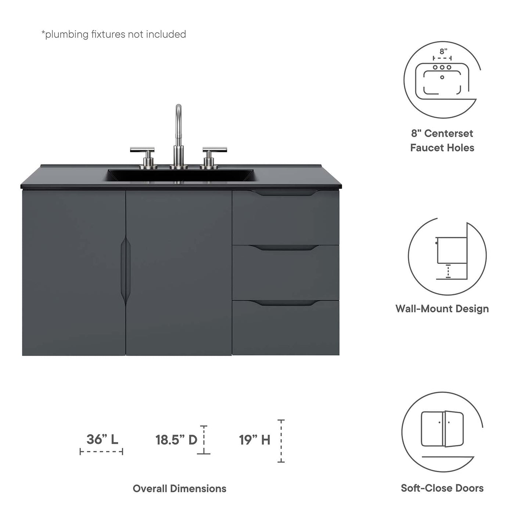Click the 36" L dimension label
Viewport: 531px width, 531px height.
102,439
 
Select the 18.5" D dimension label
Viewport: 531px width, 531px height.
176,439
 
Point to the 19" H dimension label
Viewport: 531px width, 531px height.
255,439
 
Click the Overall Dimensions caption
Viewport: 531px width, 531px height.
179,488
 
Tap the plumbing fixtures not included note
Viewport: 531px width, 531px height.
114,34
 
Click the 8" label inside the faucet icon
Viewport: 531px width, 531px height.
444,51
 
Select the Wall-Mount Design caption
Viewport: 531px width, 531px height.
442,309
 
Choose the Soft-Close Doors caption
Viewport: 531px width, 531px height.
442,488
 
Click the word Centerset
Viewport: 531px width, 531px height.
449,133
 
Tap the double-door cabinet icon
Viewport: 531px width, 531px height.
442,429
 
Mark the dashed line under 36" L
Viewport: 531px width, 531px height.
101,452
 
